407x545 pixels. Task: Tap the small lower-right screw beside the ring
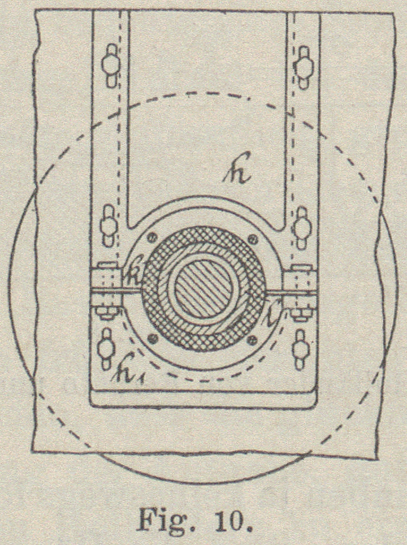click(253, 339)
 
